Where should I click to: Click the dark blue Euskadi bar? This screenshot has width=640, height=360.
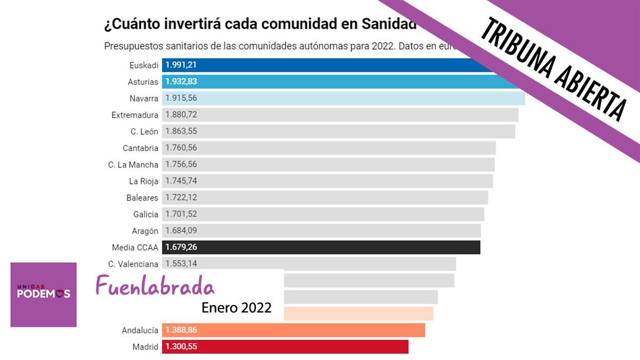pos(320,65)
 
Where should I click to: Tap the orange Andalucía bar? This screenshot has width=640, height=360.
pos(293,330)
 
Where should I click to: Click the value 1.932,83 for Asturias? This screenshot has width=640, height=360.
pos(181,82)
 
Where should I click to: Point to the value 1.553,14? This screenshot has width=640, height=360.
pos(181,263)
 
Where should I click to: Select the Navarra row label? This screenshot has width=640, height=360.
pos(143,99)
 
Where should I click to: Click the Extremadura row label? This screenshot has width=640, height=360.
pos(135,115)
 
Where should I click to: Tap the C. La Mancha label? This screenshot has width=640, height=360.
pos(133,165)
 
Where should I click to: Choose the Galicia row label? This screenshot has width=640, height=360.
pos(146,214)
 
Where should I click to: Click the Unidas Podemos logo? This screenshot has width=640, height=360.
pos(43,294)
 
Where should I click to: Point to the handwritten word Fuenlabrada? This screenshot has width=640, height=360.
pos(155,286)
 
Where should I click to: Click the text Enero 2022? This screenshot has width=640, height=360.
pos(236,308)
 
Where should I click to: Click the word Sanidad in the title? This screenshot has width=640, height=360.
pos(389,24)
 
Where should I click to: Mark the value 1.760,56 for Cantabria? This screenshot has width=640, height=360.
pos(181,148)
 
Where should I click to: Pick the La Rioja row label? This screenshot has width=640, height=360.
pos(143,181)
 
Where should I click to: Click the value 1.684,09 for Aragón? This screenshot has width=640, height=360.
pos(181,231)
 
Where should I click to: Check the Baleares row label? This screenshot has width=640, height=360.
pos(142,198)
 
